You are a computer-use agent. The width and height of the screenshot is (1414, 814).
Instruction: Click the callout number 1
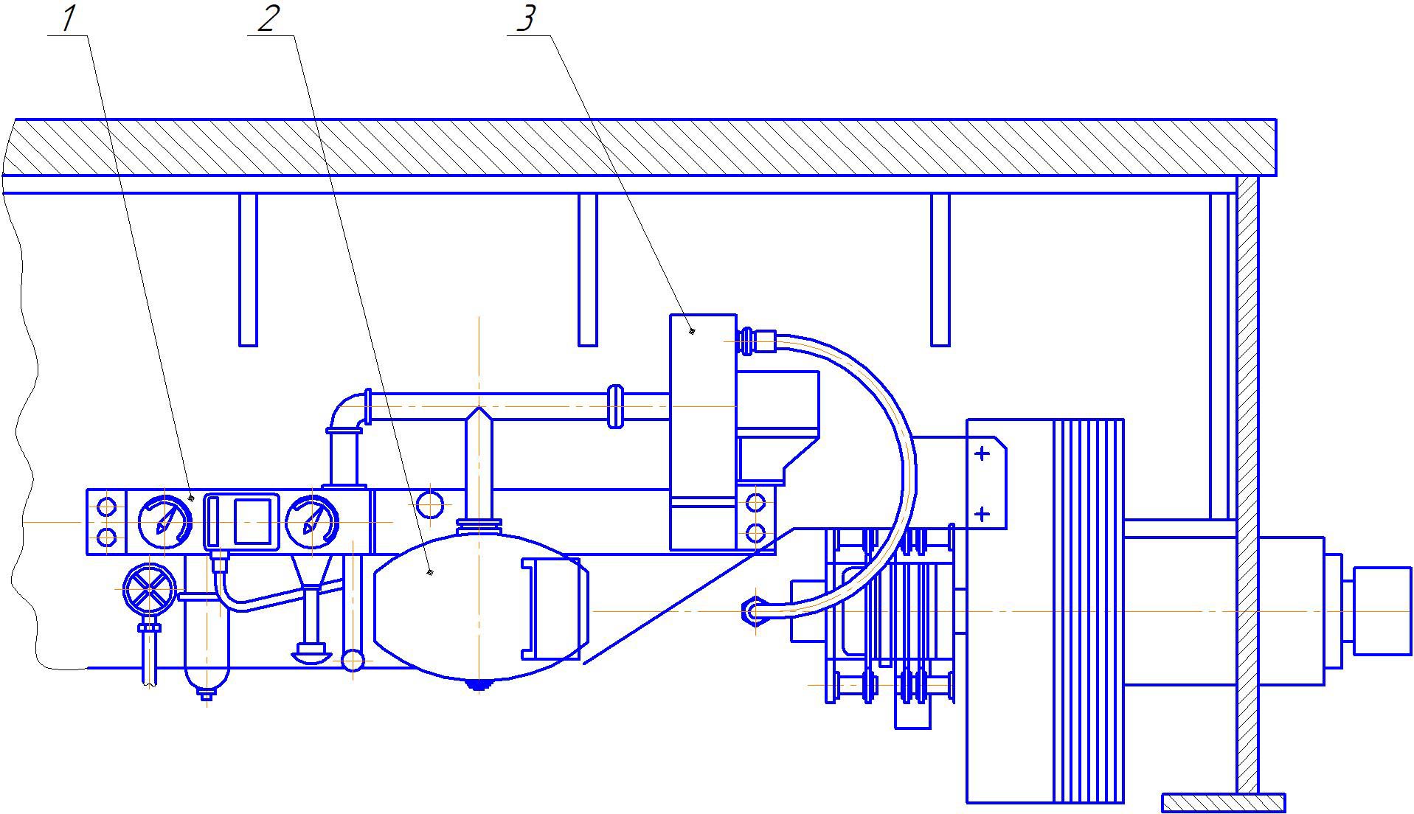(69, 19)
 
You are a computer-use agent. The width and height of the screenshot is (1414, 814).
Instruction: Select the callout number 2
(268, 18)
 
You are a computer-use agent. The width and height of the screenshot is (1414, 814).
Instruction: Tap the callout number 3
(524, 19)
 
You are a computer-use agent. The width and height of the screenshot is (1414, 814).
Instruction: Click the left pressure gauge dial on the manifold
(164, 521)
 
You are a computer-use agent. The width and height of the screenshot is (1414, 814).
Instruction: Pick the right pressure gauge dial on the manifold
(312, 521)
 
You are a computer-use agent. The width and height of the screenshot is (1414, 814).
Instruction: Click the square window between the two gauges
(252, 521)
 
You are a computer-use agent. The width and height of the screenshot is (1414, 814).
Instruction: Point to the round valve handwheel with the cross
(150, 591)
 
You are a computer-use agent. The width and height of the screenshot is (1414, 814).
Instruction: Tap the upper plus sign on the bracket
(982, 453)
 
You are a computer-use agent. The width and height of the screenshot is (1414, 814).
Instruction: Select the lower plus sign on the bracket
(982, 513)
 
